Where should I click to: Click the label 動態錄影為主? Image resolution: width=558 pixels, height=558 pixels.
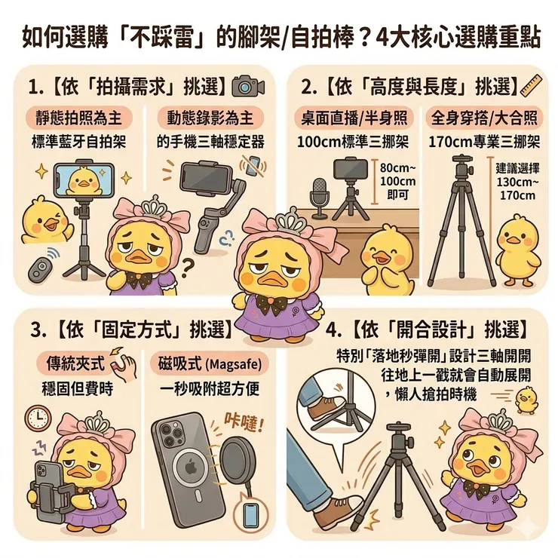[x=210, y=118]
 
